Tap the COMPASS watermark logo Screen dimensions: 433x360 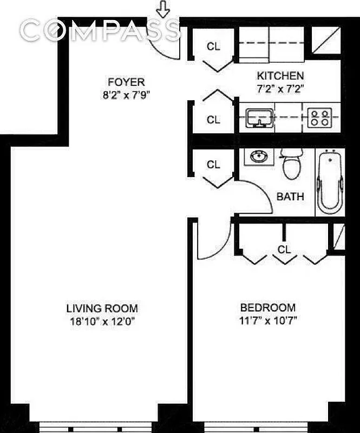pos(100,30)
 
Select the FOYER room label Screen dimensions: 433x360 pos(126,82)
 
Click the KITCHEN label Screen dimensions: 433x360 pos(280,76)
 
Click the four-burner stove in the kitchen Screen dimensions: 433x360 pos(319,118)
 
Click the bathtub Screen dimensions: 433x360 pos(330,182)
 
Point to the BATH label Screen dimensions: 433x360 pos(290,196)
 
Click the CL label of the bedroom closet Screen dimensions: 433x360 pos(284,249)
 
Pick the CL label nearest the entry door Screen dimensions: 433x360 pos(214,47)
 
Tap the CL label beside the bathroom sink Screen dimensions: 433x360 pos(214,165)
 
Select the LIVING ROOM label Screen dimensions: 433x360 pos(102,309)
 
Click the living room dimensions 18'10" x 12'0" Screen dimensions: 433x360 pos(102,320)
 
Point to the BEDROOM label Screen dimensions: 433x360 pos(268,307)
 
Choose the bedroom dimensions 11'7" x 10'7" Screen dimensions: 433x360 pos(268,319)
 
